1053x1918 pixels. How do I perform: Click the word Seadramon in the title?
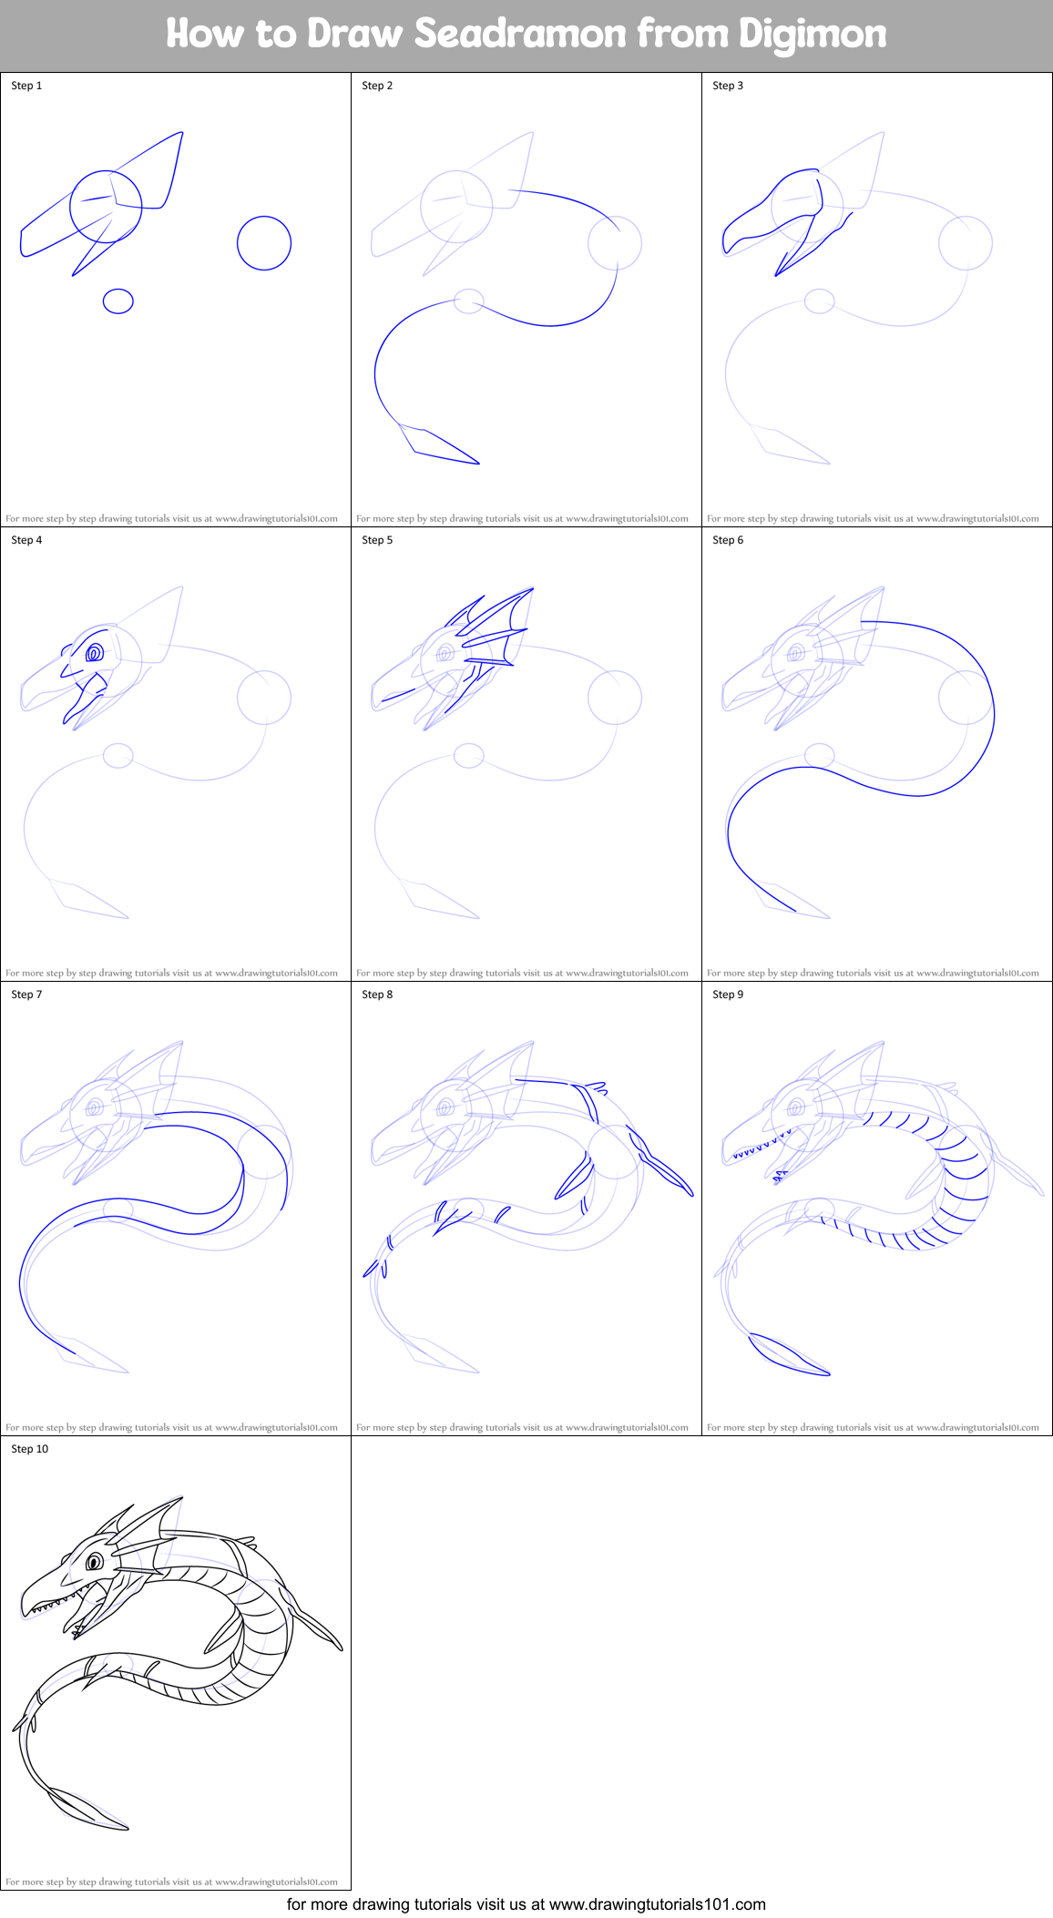(x=520, y=34)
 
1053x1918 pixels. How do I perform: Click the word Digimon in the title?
(x=813, y=34)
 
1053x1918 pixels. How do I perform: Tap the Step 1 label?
(x=26, y=86)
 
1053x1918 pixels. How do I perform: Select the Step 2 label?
(x=377, y=86)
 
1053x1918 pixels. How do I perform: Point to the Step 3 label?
(x=728, y=86)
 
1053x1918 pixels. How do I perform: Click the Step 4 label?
(x=26, y=540)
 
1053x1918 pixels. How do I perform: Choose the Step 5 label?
(x=377, y=540)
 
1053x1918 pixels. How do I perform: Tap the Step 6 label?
(x=728, y=540)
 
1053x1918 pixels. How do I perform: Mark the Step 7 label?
(x=26, y=995)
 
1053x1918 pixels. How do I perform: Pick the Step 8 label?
(x=377, y=995)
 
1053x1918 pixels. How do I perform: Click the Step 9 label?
(x=728, y=995)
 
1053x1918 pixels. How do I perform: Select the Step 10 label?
(x=30, y=1449)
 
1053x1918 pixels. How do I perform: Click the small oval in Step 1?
(x=118, y=301)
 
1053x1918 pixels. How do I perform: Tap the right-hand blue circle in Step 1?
(x=264, y=243)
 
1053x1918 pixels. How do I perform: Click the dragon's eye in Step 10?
(x=94, y=1563)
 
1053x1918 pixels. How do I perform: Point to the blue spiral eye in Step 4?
(x=93, y=653)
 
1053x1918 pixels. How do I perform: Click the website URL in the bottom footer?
(x=657, y=1904)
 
